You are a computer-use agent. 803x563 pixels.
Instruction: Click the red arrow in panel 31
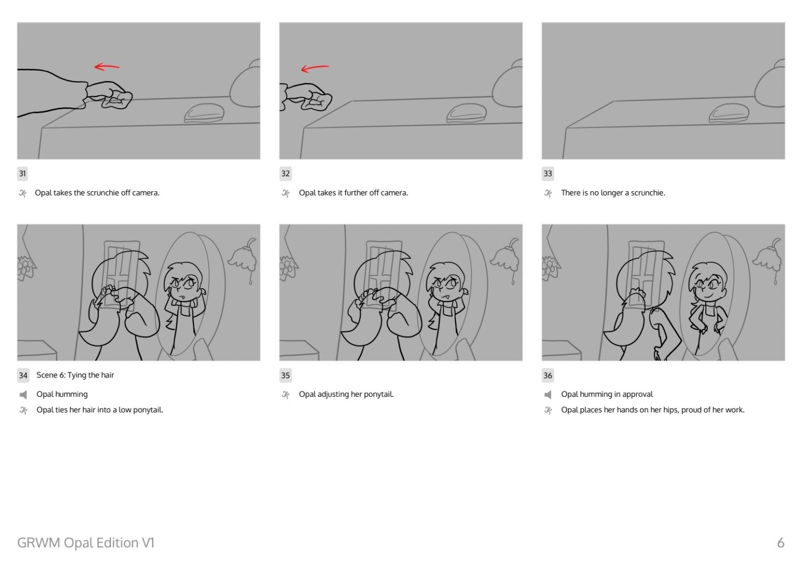click(x=107, y=67)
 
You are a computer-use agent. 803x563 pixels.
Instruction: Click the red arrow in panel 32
click(x=314, y=68)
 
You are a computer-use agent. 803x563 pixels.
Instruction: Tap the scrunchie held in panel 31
click(x=117, y=99)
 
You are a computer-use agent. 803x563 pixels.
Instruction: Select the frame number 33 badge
click(x=547, y=174)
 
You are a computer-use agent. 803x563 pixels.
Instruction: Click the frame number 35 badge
click(x=285, y=375)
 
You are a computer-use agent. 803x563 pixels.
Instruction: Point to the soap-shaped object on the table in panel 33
click(x=729, y=113)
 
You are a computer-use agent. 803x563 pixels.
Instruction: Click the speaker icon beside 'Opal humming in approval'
click(x=548, y=395)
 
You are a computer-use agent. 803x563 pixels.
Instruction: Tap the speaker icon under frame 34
click(x=23, y=395)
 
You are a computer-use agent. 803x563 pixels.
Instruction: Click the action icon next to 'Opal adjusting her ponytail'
click(x=286, y=395)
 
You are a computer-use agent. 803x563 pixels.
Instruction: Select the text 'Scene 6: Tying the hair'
click(x=75, y=375)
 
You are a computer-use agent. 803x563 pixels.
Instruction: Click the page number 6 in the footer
click(x=781, y=543)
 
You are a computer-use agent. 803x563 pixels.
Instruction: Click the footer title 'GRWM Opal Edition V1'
click(x=86, y=543)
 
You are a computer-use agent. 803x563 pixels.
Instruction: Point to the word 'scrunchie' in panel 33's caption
click(x=647, y=193)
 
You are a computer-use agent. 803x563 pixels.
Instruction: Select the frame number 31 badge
click(x=22, y=174)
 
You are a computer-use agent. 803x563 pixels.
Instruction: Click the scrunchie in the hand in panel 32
click(x=317, y=101)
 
